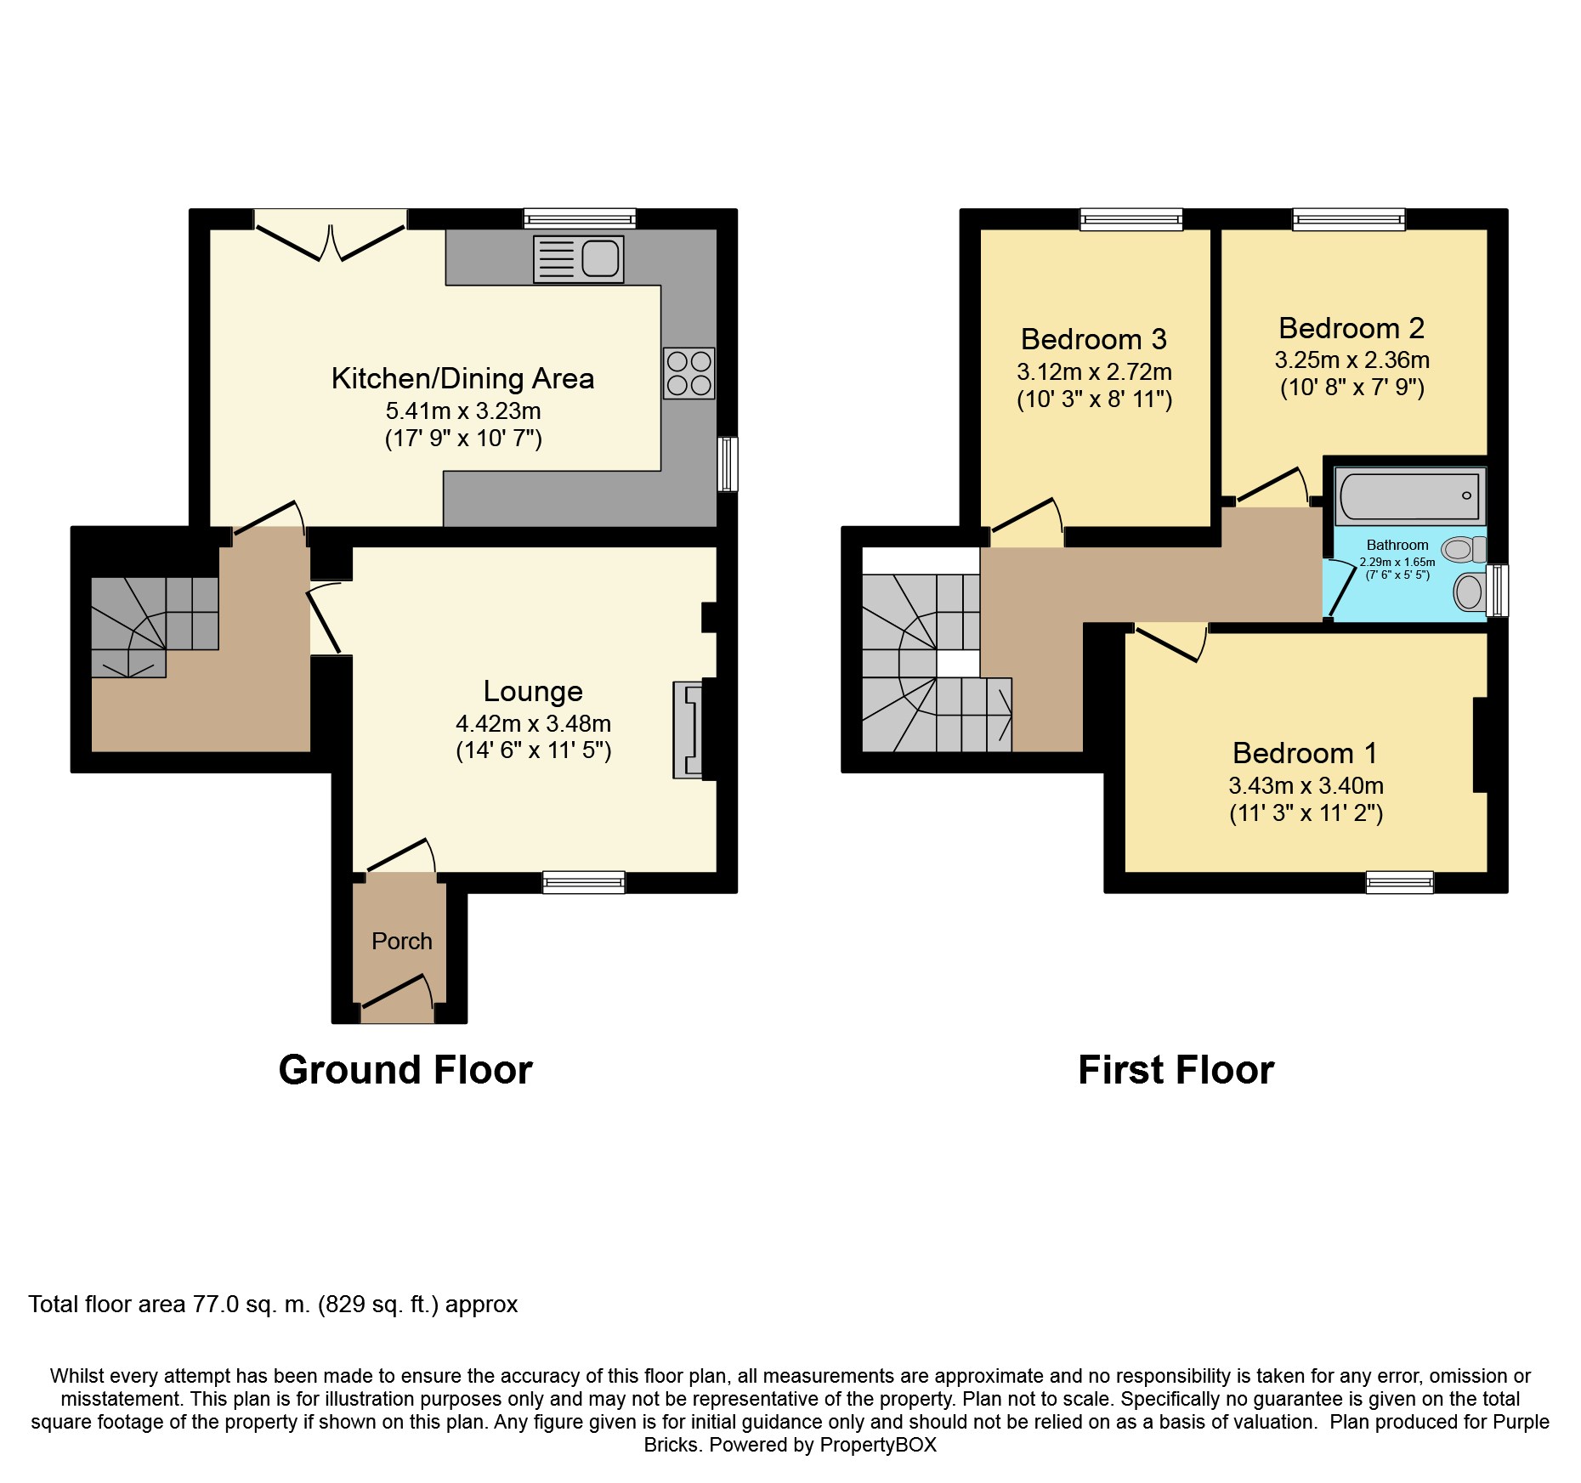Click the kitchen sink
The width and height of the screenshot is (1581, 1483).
click(578, 258)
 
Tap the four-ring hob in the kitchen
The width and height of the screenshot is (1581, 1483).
click(689, 373)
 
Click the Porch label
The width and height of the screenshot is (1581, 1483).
click(402, 941)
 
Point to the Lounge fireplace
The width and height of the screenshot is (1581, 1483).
click(688, 729)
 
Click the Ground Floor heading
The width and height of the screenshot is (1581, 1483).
click(405, 1070)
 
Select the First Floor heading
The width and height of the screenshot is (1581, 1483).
click(1176, 1070)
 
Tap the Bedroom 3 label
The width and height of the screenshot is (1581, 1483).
click(1094, 339)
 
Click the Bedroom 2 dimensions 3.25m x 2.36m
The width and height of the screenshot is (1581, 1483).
click(1352, 359)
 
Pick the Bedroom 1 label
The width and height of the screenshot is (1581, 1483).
click(1305, 753)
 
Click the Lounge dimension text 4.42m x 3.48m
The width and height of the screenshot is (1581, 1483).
click(534, 723)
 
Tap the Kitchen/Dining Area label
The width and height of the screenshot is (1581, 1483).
click(462, 378)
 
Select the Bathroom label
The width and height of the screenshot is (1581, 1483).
click(1397, 545)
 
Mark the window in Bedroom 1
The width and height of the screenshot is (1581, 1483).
click(1400, 882)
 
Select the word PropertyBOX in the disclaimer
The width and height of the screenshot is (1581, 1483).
click(878, 1445)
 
